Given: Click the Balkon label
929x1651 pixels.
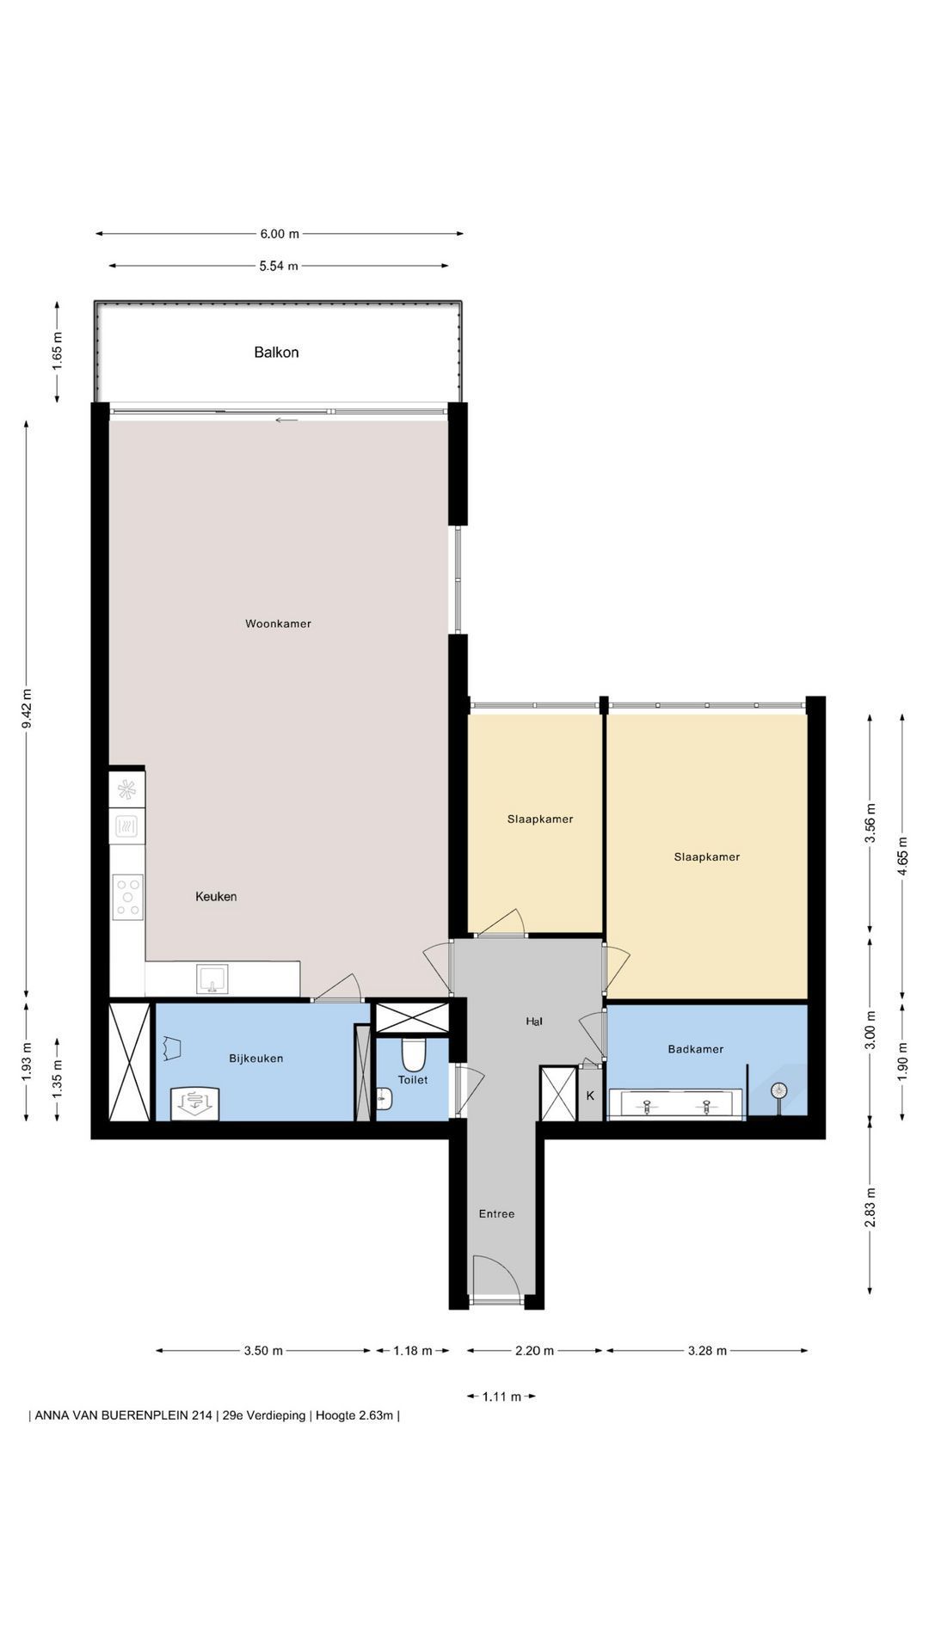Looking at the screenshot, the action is point(276,352).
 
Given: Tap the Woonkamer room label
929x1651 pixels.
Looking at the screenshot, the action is point(278,623).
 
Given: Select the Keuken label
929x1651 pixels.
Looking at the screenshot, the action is point(216,896).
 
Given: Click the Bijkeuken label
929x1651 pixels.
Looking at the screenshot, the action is point(255,1059).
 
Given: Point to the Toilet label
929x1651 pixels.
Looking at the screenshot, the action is point(413,1079).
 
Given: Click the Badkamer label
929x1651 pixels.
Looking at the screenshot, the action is point(696,1049).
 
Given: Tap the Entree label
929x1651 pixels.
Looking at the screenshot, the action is point(496,1213).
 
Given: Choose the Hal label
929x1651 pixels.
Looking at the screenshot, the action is point(534,1022).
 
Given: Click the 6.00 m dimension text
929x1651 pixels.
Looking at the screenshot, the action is point(280,233).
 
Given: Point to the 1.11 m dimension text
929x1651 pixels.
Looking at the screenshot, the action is point(501,1396).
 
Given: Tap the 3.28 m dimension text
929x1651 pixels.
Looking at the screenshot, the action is point(707,1350).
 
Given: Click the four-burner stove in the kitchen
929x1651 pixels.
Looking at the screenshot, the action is point(127,897).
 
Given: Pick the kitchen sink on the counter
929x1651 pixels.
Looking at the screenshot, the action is point(212,979).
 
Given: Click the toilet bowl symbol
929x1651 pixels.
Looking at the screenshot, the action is point(414,1053).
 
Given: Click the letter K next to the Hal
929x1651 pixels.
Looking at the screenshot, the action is point(590,1096).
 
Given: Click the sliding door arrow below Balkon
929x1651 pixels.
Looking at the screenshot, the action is point(287,420).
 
